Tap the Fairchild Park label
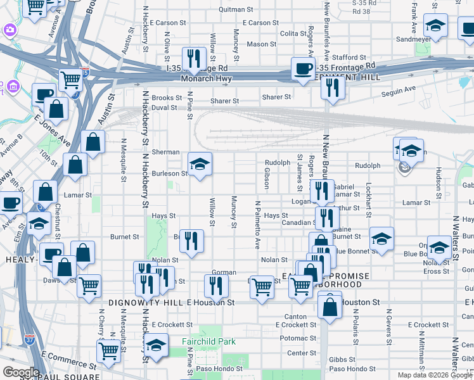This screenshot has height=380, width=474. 208,341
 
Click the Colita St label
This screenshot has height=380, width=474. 293,34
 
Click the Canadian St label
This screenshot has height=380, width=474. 298,223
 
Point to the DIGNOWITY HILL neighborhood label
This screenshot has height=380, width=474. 146,303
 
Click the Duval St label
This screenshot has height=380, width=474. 163,108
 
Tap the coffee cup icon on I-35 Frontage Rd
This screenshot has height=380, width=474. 303,68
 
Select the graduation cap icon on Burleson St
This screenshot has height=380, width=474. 200,164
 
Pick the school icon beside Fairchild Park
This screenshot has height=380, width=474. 156,345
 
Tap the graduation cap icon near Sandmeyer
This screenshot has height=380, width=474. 435,26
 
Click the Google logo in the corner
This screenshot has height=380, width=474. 21,372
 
